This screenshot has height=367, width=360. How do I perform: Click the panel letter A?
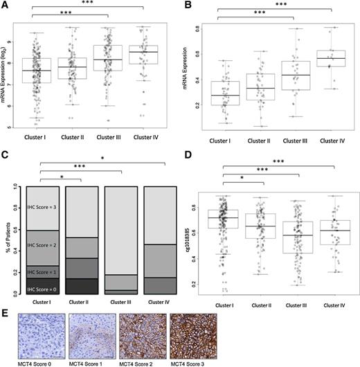[6, 5]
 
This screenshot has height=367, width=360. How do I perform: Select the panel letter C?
[6, 160]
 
